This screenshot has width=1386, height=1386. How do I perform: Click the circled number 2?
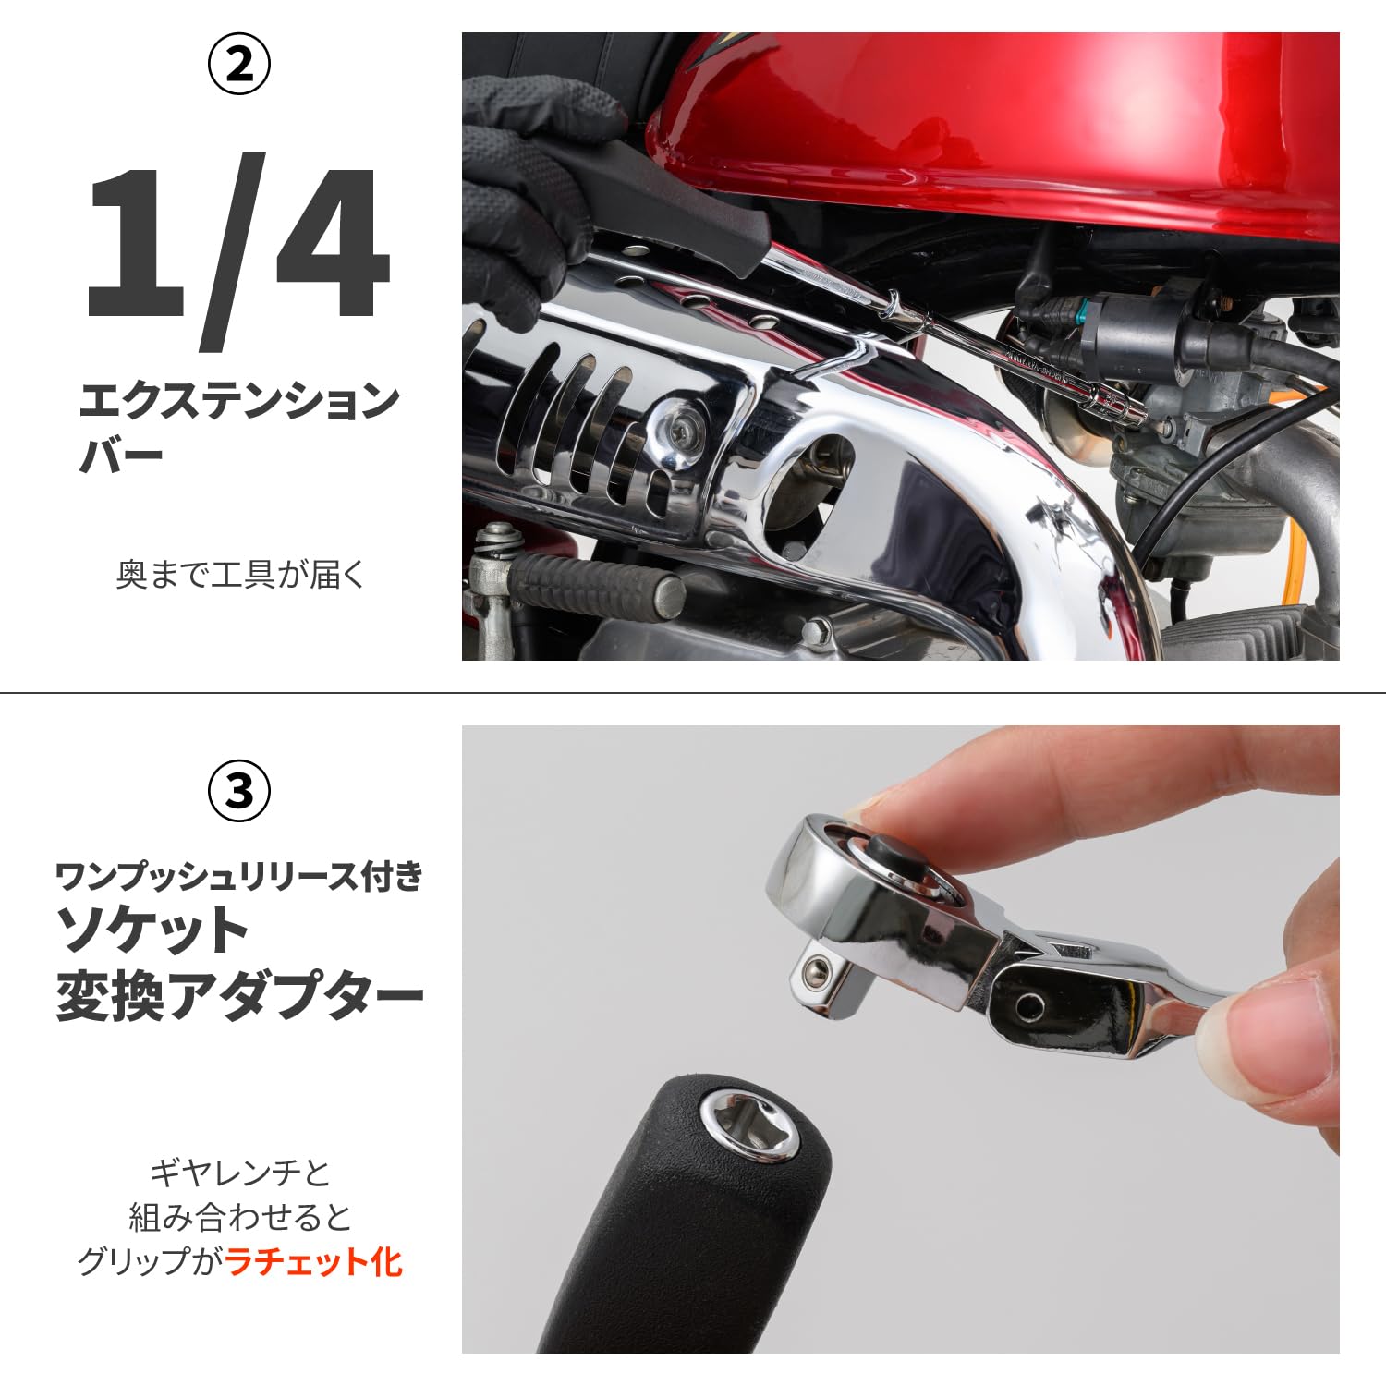[239, 64]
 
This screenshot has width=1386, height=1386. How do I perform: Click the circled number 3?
[239, 791]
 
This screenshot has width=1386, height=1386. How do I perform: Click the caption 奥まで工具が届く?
[241, 575]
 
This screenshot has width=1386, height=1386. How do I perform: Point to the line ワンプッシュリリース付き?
[239, 875]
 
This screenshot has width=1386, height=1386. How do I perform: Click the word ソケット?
[152, 930]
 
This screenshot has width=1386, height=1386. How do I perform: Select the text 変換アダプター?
[239, 997]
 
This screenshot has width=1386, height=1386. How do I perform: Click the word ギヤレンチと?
[240, 1173]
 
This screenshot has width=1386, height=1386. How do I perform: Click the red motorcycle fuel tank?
[998, 129]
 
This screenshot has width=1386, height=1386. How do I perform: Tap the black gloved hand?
[527, 185]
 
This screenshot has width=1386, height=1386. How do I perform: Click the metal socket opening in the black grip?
[748, 1120]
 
